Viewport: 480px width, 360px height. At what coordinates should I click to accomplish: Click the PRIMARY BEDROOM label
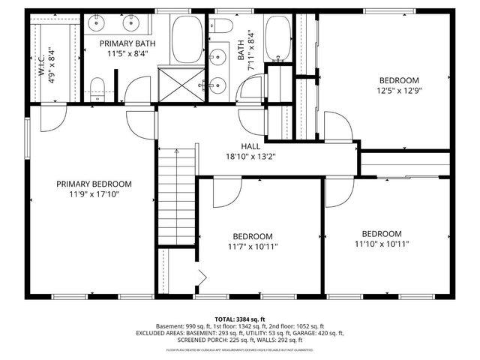(94, 184)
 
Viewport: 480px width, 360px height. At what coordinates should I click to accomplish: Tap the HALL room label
(250, 146)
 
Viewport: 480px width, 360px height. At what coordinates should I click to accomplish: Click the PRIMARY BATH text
(127, 44)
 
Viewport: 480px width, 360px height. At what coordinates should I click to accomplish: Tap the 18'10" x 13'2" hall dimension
(250, 157)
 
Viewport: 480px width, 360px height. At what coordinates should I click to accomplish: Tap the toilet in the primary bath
(95, 88)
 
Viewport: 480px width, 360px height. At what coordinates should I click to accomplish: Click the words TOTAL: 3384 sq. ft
(239, 318)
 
